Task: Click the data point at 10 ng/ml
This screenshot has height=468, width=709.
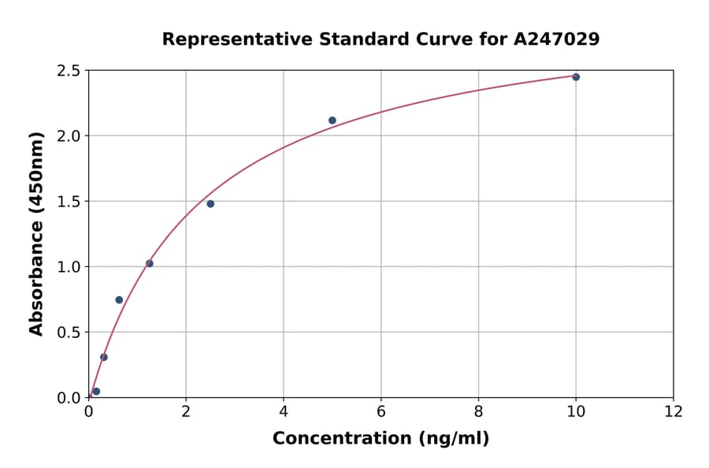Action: tap(576, 77)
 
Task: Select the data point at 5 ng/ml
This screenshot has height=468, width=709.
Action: tap(332, 121)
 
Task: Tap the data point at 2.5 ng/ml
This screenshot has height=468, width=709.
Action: tap(210, 204)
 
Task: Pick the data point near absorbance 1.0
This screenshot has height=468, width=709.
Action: tap(150, 263)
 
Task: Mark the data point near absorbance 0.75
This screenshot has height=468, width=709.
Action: tap(119, 300)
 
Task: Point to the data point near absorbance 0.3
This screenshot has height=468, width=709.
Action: tap(104, 357)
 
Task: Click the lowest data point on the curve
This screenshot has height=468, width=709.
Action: tap(96, 392)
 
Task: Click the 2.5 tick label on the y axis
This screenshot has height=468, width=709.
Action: tap(69, 71)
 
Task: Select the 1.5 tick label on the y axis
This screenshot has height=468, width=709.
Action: tap(69, 202)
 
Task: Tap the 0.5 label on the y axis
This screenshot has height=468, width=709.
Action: tap(69, 332)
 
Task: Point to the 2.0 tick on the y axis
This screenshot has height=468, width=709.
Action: tap(69, 136)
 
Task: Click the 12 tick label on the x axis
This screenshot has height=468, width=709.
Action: tap(674, 411)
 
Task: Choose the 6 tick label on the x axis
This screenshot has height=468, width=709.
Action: tap(380, 411)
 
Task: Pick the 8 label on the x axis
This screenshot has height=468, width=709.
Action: tap(478, 411)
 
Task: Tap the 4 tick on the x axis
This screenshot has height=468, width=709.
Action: tap(284, 411)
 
